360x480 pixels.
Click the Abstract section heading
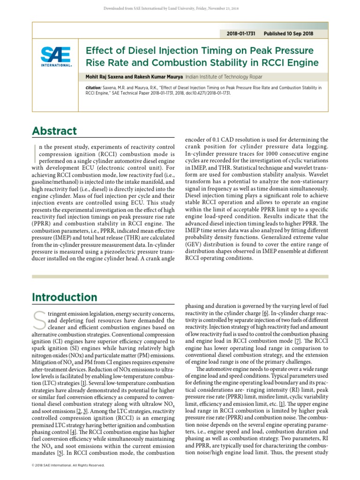click(54, 131)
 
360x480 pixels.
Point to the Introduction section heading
click(64, 297)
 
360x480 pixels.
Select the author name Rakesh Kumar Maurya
click(157, 77)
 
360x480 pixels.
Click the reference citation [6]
click(265, 313)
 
